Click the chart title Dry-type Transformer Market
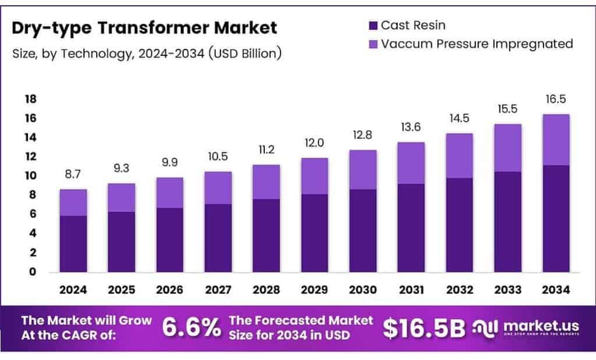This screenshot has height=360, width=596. click(144, 27)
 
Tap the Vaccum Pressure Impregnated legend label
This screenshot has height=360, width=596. click(477, 44)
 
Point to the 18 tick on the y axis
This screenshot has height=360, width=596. click(30, 99)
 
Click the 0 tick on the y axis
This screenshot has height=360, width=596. click(33, 272)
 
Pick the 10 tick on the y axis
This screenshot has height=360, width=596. click(30, 176)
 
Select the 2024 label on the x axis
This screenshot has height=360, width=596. click(73, 289)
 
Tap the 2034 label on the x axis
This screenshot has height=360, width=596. click(555, 289)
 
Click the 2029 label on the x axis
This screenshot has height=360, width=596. click(314, 289)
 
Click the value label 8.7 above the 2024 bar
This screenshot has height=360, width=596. click(73, 174)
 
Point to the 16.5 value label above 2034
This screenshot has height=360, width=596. click(555, 99)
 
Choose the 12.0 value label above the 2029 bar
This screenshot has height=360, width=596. click(314, 143)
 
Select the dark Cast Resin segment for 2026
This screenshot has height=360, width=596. click(169, 240)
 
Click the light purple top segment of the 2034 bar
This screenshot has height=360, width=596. click(555, 140)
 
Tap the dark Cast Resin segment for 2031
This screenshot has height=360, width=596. click(411, 228)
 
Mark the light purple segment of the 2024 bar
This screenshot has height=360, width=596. click(73, 202)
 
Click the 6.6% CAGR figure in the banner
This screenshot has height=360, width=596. click(191, 328)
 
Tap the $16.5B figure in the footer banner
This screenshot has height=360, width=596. click(424, 328)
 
